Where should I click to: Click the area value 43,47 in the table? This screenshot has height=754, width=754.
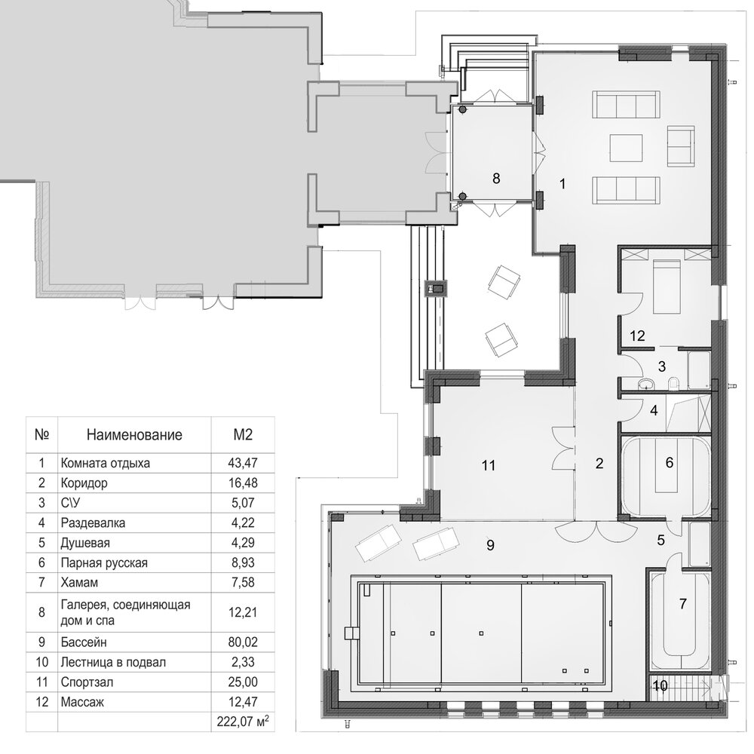[x=243, y=463]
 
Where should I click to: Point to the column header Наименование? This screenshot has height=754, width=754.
[x=134, y=435]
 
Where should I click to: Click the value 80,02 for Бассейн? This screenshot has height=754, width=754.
[x=243, y=642]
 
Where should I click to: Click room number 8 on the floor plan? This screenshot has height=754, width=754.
[x=496, y=179]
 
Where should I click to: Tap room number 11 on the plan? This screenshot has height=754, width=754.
[x=488, y=465]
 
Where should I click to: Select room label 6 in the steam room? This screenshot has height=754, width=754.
[x=670, y=463]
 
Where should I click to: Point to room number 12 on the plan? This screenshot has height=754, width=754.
[x=637, y=336]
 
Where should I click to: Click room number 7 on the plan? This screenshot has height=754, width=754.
[x=683, y=603]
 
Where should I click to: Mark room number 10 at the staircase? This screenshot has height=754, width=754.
[x=661, y=686]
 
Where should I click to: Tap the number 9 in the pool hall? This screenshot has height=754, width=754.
[x=491, y=545]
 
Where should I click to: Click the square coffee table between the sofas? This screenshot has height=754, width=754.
[x=626, y=149]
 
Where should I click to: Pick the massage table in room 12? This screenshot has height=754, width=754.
[x=666, y=287]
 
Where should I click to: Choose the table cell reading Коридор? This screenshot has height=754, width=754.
[x=84, y=483]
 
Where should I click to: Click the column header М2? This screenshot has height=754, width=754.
[x=243, y=435]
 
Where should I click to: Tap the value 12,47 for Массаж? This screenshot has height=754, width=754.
[x=243, y=702]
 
